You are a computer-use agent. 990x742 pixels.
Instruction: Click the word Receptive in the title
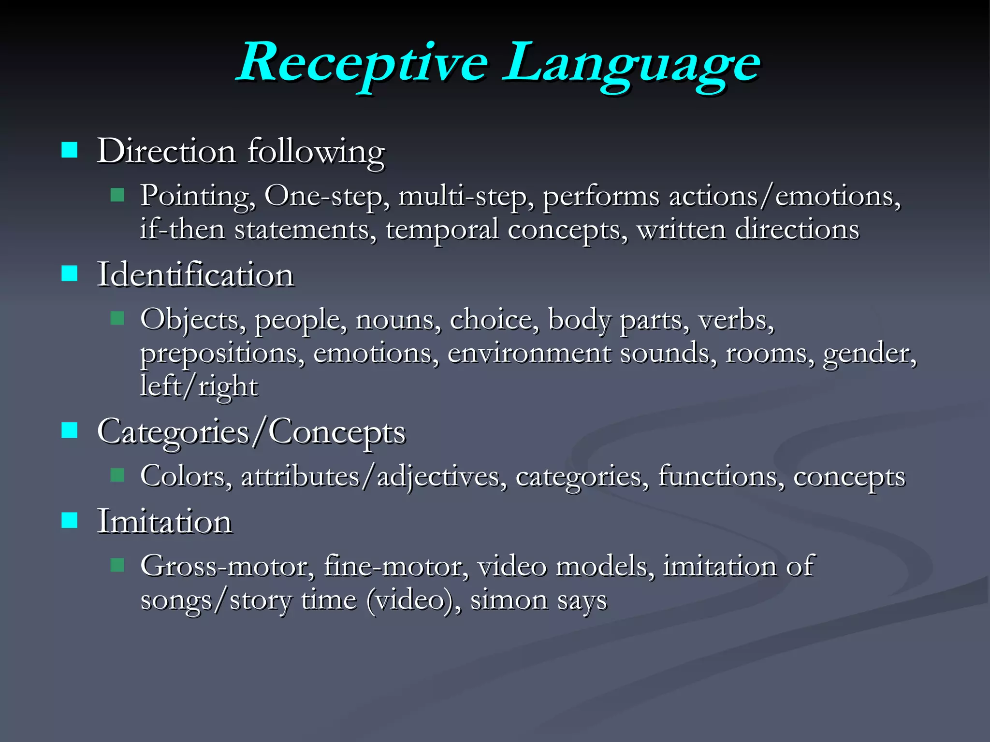363,63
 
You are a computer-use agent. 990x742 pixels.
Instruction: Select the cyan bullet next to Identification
70,273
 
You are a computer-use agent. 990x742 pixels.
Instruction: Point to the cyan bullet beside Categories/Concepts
70,430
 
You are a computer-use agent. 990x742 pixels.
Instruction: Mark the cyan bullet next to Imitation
70,520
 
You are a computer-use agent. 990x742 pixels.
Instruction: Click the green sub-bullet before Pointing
117,195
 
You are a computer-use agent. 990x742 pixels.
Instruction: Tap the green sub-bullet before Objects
117,318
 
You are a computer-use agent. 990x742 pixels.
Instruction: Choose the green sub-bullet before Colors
117,475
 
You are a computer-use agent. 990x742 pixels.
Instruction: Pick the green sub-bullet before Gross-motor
117,565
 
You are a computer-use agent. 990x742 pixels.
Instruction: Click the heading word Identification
195,274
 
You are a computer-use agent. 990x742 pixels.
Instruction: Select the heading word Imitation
164,521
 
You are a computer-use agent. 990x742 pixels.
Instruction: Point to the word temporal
442,230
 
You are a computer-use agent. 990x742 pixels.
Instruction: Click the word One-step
327,196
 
